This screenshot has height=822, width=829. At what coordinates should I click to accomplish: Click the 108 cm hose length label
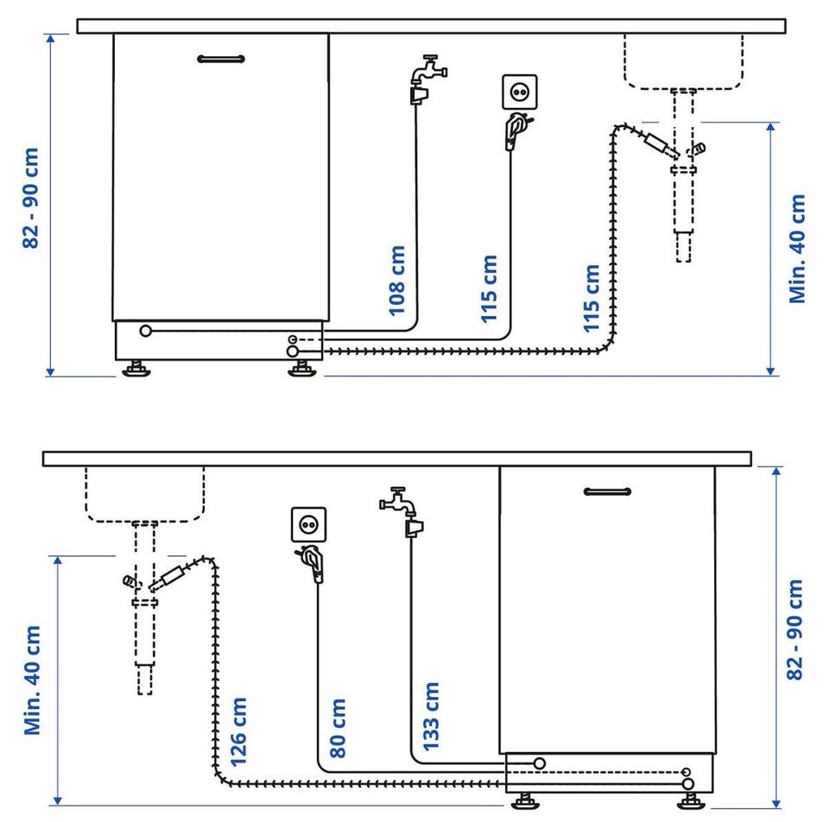(x=397, y=281)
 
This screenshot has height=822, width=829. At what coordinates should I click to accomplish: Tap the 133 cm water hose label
(x=431, y=717)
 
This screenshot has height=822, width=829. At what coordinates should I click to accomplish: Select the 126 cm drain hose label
(x=238, y=731)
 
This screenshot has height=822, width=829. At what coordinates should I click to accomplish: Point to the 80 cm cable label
(x=338, y=728)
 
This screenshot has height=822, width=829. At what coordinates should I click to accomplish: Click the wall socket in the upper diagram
(x=520, y=92)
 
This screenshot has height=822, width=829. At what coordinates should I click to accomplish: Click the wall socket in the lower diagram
(x=309, y=525)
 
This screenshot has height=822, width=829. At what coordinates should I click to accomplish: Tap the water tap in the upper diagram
(x=428, y=79)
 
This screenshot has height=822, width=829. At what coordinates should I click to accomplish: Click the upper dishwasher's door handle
(x=221, y=59)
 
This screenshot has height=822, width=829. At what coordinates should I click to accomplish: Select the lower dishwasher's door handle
(x=607, y=491)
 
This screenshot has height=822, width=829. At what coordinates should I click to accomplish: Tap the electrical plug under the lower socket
(x=311, y=564)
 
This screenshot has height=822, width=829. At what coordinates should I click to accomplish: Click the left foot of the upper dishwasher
(x=136, y=369)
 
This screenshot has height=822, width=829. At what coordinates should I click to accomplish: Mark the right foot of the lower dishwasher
(x=692, y=801)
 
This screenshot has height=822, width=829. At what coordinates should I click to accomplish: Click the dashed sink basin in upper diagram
(x=684, y=62)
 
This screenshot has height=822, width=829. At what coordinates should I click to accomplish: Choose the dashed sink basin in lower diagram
(x=145, y=495)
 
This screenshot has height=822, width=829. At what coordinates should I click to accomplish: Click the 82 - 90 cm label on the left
(x=31, y=199)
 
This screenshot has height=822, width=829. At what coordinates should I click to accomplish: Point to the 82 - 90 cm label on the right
(x=794, y=629)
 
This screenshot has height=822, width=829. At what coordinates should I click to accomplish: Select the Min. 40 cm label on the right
(x=797, y=249)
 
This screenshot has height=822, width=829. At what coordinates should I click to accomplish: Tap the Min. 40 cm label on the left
(x=32, y=680)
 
